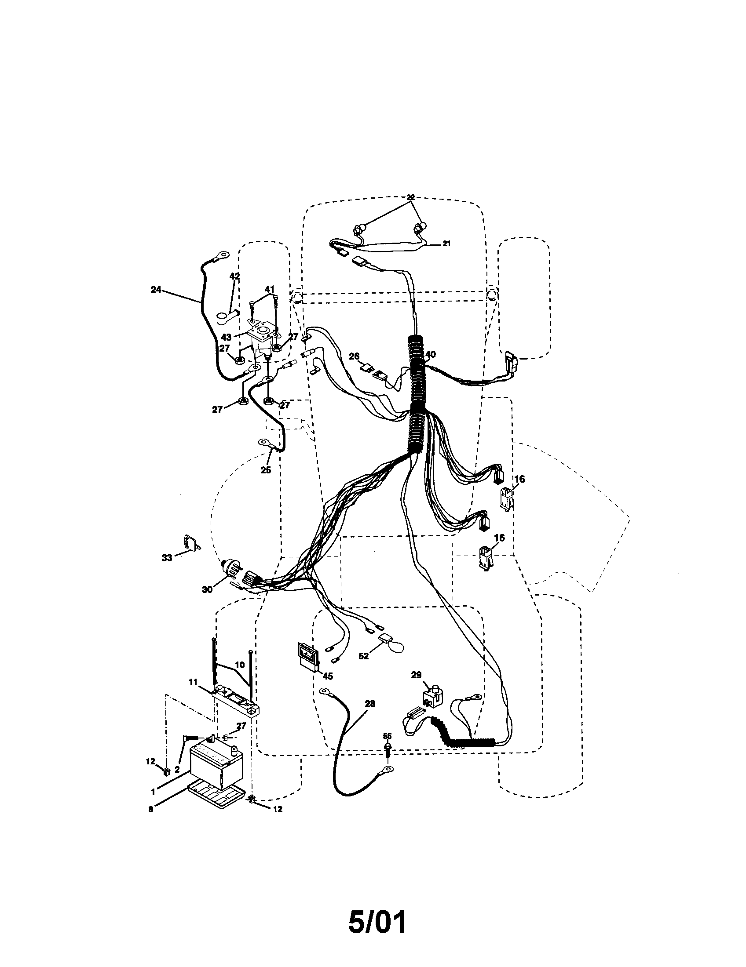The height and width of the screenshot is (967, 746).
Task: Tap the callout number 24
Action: [x=156, y=290]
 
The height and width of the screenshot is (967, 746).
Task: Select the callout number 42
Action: [x=234, y=276]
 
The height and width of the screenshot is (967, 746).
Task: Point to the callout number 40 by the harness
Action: [x=430, y=354]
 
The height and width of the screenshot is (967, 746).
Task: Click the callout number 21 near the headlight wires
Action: [x=446, y=243]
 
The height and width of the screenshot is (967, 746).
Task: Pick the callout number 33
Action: [x=167, y=558]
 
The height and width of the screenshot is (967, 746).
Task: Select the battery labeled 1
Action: [x=216, y=765]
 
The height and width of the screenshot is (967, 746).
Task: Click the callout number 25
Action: [x=265, y=470]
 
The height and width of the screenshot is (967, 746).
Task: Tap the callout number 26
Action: [x=354, y=356]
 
